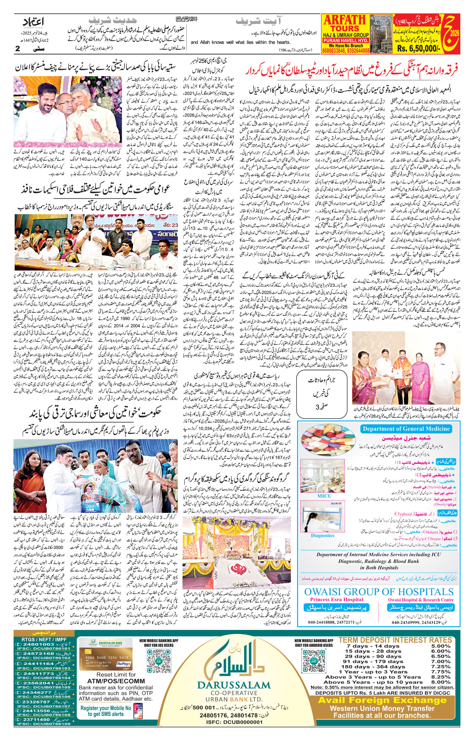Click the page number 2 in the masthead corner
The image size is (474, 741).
(x=17, y=49)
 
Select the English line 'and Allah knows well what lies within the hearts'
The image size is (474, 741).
(x=240, y=42)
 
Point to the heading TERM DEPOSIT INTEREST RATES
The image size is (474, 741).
(x=395, y=640)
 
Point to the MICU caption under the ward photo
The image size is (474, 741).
(x=324, y=496)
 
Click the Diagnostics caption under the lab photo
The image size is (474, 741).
(x=322, y=535)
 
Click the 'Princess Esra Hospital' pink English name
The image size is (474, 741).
(x=337, y=599)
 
